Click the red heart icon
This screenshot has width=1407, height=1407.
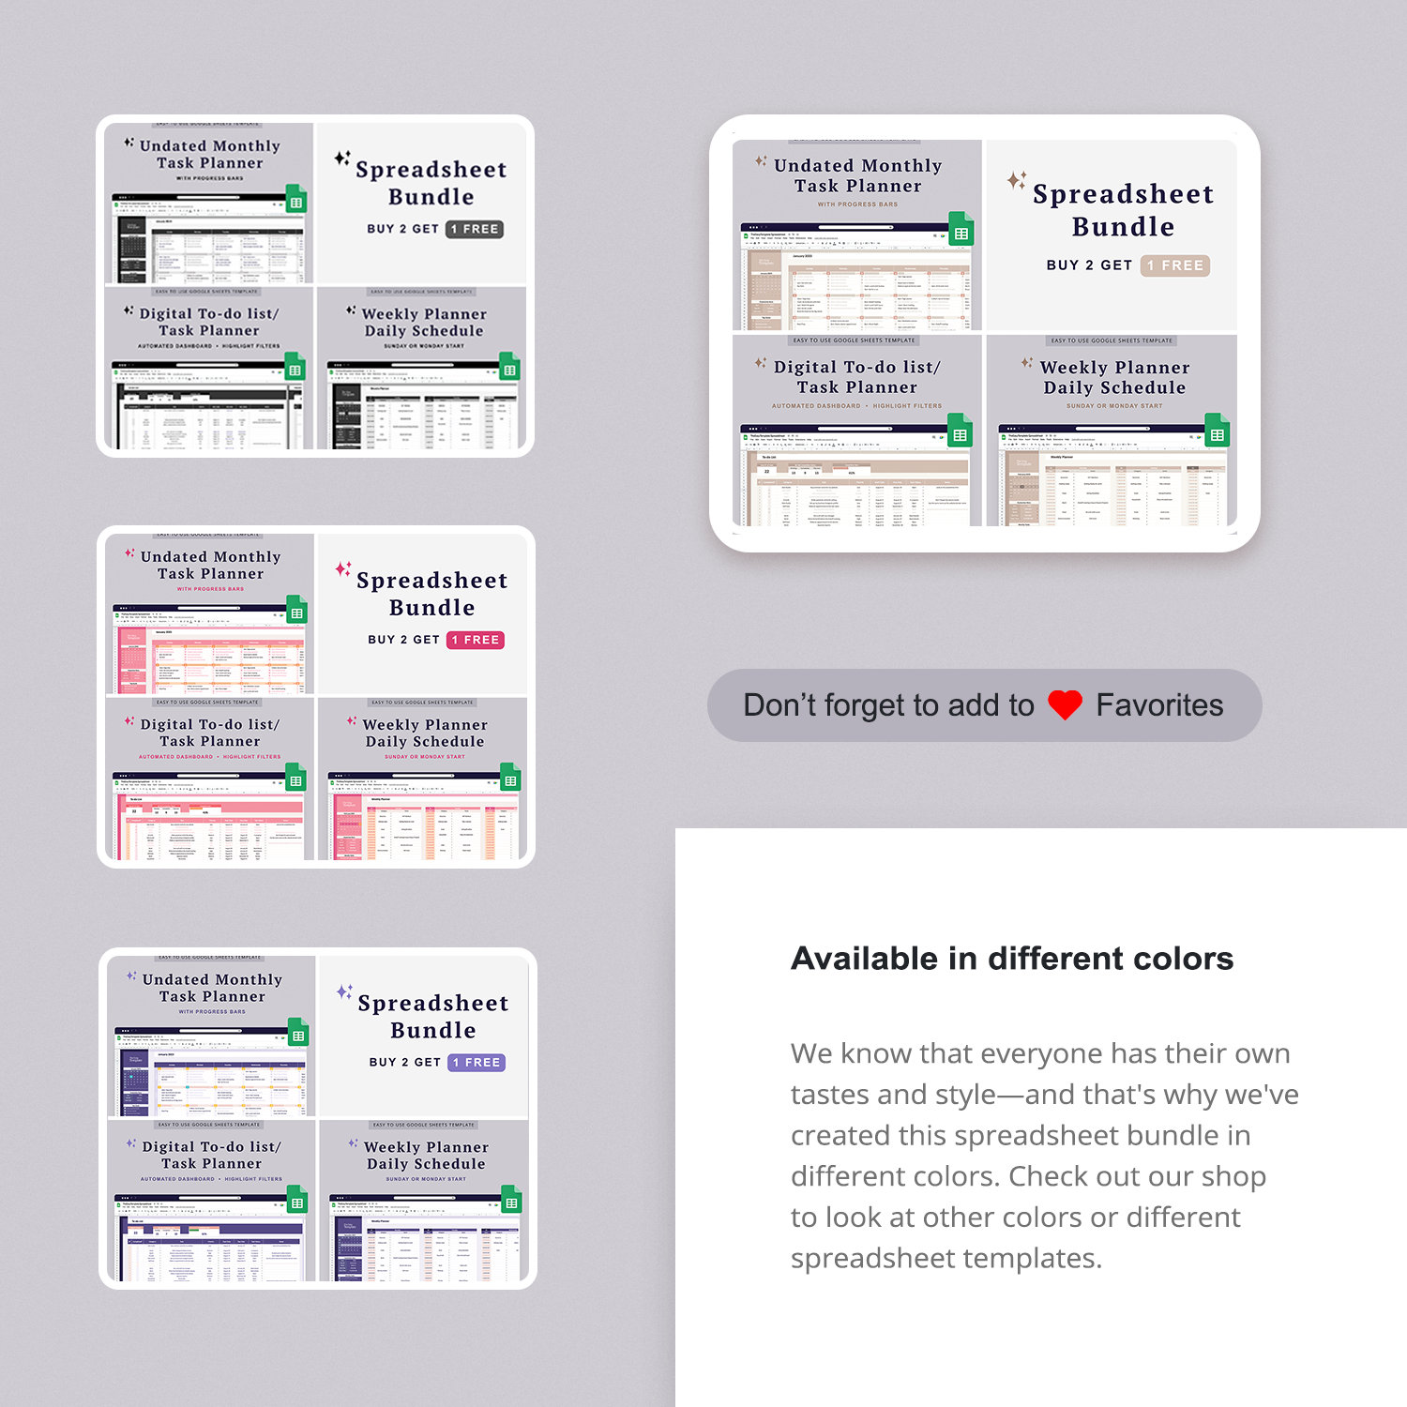click(x=1065, y=705)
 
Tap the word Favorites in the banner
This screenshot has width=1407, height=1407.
click(x=1159, y=705)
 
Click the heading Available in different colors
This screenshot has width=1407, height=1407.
click(x=1011, y=959)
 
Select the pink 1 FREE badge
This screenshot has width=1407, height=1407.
click(x=476, y=640)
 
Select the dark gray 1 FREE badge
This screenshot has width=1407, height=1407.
click(x=475, y=229)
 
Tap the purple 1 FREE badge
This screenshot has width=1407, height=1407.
click(x=477, y=1063)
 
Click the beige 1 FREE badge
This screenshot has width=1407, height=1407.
click(x=1175, y=265)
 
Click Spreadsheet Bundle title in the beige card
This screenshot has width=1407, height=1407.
click(x=1123, y=210)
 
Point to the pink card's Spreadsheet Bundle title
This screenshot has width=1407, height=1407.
click(x=431, y=594)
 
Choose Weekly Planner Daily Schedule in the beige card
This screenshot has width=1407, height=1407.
click(x=1114, y=377)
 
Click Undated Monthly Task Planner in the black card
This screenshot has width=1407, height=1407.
click(x=209, y=154)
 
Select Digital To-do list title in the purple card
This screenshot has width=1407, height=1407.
click(x=211, y=1155)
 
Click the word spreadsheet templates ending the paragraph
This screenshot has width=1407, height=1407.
click(x=945, y=1258)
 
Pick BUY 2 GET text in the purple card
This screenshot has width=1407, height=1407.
click(x=404, y=1063)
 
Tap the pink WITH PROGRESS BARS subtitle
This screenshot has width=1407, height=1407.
click(x=210, y=589)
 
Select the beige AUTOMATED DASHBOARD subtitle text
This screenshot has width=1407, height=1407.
click(x=815, y=406)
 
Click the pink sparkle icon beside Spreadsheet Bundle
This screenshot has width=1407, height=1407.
click(x=343, y=568)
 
